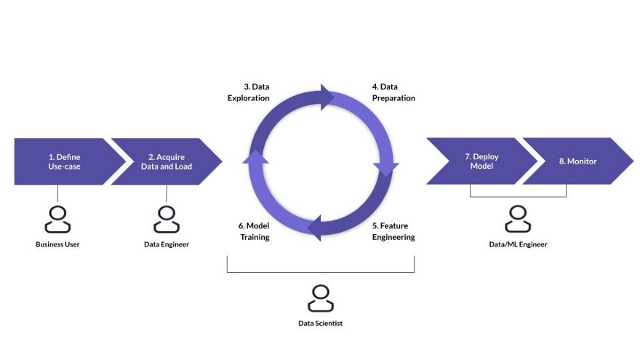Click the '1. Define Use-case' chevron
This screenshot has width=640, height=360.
pos(64,161)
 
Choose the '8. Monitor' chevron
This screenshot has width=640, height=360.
pos(577,161)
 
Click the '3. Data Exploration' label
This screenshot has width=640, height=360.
pos(249,92)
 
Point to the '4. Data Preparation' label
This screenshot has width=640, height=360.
pos(393,92)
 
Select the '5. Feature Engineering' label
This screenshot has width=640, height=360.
pos(393,231)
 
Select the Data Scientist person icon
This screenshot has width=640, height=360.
pos(320,298)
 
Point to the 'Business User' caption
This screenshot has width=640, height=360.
pos(57,244)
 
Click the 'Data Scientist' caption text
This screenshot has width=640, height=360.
pos(320,323)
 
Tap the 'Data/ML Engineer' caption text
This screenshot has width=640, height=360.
pos(518,244)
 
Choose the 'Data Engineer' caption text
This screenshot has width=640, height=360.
pos(167,244)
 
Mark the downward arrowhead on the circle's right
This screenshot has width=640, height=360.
pos(386,169)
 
